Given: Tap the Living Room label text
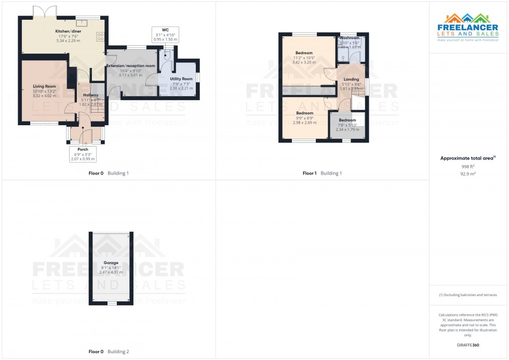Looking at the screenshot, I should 44,86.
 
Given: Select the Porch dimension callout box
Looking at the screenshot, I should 83,154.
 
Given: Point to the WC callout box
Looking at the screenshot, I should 165,34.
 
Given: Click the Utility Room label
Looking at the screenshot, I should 181,79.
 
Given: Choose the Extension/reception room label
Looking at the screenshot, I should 131,66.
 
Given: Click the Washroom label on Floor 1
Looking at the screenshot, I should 350,38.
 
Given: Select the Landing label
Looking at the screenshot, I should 351,79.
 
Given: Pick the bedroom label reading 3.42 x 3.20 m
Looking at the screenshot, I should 304,53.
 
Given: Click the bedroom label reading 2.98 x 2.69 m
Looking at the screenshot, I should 304,113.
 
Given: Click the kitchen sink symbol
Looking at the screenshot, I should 82,22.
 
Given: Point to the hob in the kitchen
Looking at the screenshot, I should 100,36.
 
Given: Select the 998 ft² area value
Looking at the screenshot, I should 468,166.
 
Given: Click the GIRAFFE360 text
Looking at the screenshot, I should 468,345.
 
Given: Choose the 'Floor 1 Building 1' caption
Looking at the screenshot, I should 322,173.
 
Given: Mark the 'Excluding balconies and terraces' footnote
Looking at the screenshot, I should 468,295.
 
